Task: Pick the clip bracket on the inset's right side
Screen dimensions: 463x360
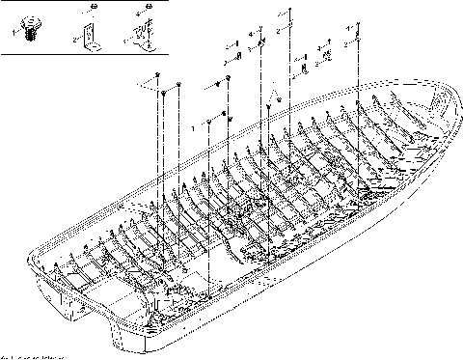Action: coord(139,35)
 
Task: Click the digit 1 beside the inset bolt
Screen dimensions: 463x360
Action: coord(14,31)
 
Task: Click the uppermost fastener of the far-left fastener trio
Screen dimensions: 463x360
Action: coord(157,74)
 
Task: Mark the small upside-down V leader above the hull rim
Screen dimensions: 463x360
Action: coord(275,96)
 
